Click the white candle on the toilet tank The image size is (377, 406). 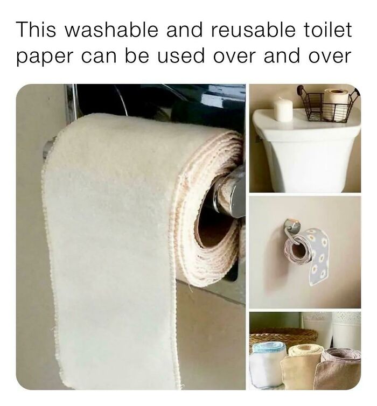point(283,109)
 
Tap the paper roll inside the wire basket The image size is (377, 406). point(336,102)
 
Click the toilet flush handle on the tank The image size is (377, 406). point(257,139)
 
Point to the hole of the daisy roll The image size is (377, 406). point(297,249)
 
